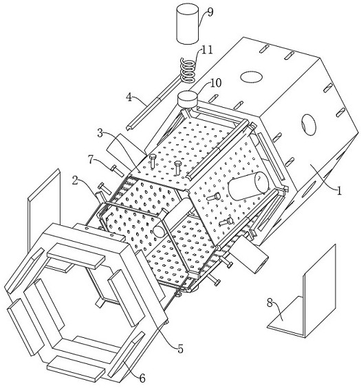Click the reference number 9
(210, 12)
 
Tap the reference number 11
(207, 50)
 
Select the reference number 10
(215, 83)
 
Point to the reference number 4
(129, 98)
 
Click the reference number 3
(100, 133)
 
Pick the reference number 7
(91, 160)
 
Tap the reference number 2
(76, 181)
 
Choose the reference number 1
(339, 190)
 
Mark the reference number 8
(270, 302)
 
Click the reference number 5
(180, 349)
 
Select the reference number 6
(142, 378)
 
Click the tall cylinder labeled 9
(188, 25)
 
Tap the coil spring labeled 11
(188, 70)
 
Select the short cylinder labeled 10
(187, 99)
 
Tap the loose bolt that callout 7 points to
(117, 170)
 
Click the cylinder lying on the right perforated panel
(248, 186)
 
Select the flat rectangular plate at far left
(43, 213)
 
